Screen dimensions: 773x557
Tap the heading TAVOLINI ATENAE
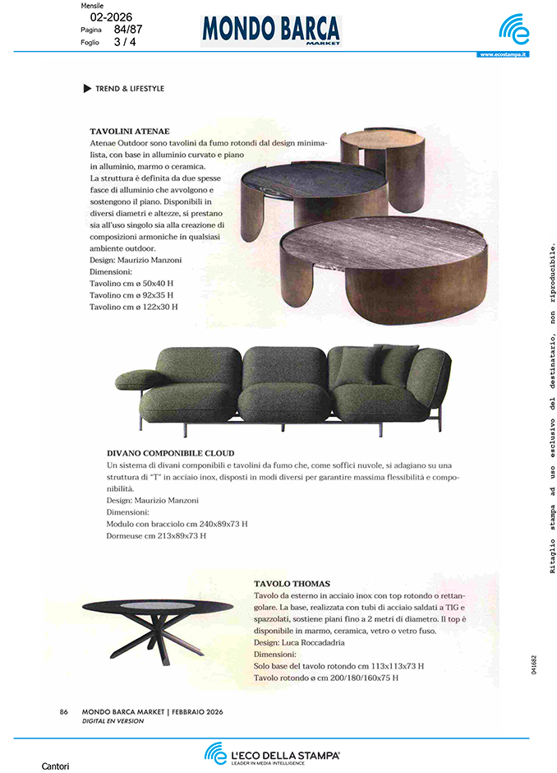point(130,131)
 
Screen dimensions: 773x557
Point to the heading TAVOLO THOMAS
point(292,583)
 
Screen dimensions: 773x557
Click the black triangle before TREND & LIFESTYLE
point(87,89)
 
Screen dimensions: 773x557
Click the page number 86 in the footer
point(64,712)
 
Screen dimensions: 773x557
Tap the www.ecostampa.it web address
point(503,54)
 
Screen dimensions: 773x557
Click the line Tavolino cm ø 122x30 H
point(133,307)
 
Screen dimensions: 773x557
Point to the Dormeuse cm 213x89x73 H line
point(156,535)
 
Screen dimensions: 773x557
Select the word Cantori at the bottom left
point(55,766)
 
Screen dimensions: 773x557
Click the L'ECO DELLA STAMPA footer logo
point(272,753)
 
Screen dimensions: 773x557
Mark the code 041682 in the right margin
point(535,665)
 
